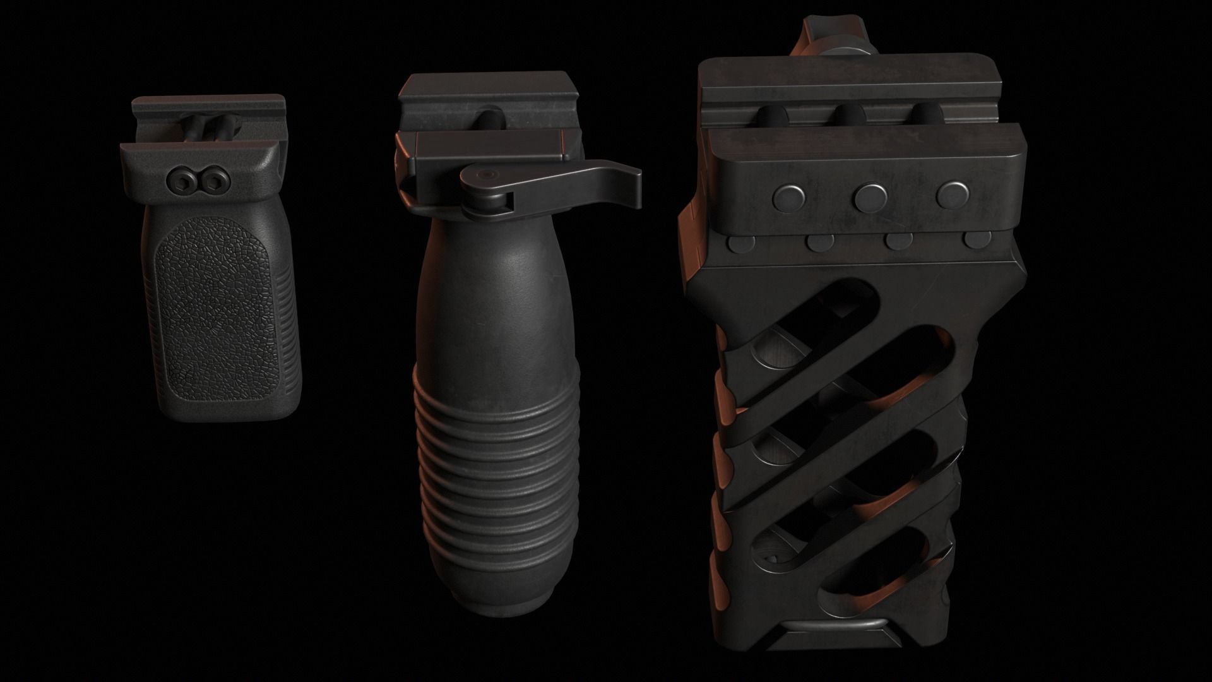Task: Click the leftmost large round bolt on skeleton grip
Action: pos(789,197)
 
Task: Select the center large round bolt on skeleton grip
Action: pos(869,197)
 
